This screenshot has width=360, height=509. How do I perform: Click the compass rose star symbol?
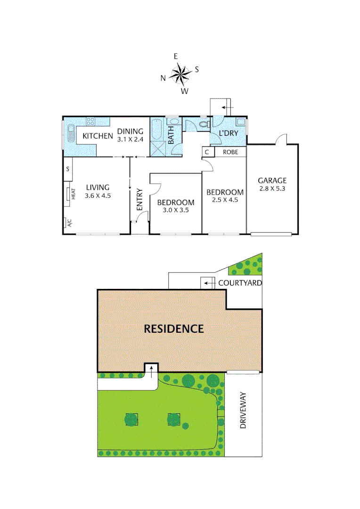point(180,73)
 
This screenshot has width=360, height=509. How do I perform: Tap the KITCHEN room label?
point(98,137)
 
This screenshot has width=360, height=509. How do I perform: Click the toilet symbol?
point(204,125)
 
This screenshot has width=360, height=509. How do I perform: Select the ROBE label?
point(230,152)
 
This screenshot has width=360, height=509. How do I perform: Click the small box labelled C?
point(207,152)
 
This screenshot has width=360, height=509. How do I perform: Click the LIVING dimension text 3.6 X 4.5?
point(98,196)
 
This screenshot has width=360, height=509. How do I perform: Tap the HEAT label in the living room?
point(74,194)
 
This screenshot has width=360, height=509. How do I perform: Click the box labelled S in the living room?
point(68,169)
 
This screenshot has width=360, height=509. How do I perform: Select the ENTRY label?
point(139,199)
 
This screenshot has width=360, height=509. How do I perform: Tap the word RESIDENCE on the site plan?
point(174,328)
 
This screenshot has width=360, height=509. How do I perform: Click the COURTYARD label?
point(240,283)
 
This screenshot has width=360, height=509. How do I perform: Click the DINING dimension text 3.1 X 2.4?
point(130,140)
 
